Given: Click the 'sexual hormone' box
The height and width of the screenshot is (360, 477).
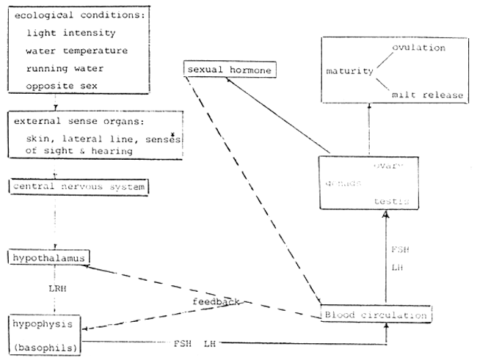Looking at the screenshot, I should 228,70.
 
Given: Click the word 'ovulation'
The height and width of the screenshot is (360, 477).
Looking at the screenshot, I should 418,48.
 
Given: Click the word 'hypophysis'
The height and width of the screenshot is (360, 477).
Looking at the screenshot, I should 43,323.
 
